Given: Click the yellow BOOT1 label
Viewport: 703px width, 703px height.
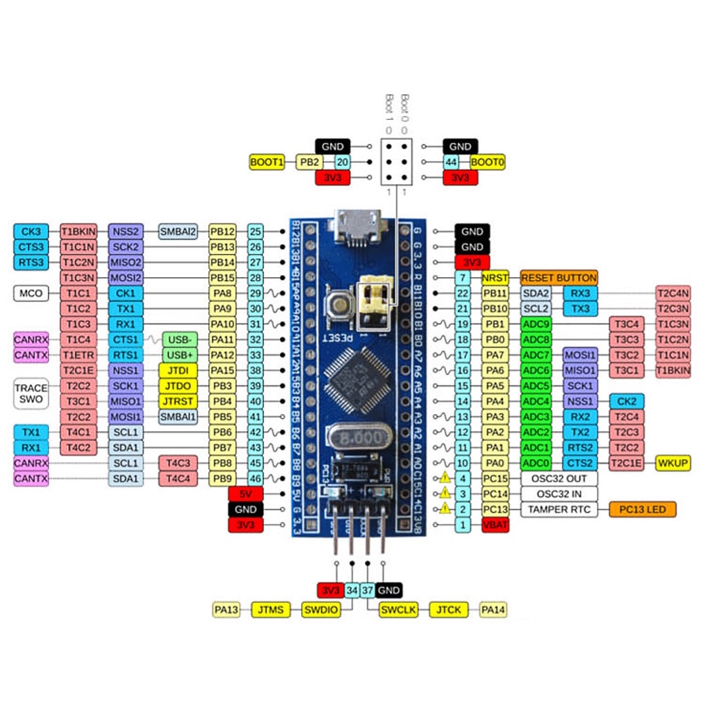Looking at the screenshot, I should point(267,162).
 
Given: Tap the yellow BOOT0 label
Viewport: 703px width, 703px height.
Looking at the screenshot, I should point(488,162).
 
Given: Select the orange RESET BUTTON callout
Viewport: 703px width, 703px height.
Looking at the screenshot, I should point(559,278).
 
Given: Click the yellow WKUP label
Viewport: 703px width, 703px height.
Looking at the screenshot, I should point(673,463).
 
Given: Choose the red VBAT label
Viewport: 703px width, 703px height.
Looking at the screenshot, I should point(495,524).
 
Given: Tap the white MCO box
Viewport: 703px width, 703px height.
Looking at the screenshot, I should point(31,292).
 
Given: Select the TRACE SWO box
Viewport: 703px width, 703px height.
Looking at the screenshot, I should point(31,394).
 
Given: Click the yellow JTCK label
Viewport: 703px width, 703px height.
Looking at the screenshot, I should point(449,610).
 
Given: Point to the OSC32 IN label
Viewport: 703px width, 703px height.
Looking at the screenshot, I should point(559,494).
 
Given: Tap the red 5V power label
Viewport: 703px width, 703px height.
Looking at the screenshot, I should point(245,494).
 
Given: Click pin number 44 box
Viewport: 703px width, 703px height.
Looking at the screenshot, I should point(453,162).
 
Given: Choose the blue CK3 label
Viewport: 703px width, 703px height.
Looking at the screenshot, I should point(31,231).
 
